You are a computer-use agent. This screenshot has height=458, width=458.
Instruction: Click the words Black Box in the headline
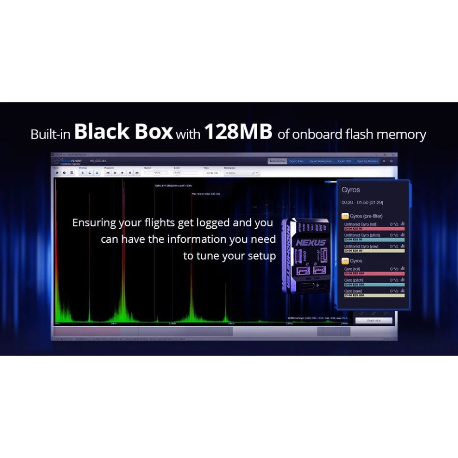[124, 131]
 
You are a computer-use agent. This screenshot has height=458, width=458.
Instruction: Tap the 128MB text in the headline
[238, 131]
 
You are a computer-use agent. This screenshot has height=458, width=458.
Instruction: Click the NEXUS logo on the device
[311, 242]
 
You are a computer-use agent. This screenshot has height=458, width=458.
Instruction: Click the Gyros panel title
[351, 190]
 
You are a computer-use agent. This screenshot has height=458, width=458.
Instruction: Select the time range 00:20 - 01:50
[362, 203]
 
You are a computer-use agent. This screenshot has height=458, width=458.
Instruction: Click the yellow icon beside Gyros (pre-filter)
[345, 216]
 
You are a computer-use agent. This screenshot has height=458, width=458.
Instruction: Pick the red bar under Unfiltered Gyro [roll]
[374, 228]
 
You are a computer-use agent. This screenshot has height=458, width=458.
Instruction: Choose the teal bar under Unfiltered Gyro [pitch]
[374, 239]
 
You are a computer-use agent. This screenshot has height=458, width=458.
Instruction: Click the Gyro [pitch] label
[354, 280]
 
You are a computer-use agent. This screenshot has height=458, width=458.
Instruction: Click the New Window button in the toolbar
[277, 161]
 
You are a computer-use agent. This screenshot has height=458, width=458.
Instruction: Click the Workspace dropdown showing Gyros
[242, 172]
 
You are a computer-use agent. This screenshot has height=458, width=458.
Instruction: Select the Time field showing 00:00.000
[212, 172]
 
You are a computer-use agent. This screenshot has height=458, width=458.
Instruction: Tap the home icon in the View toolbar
[57, 172]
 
